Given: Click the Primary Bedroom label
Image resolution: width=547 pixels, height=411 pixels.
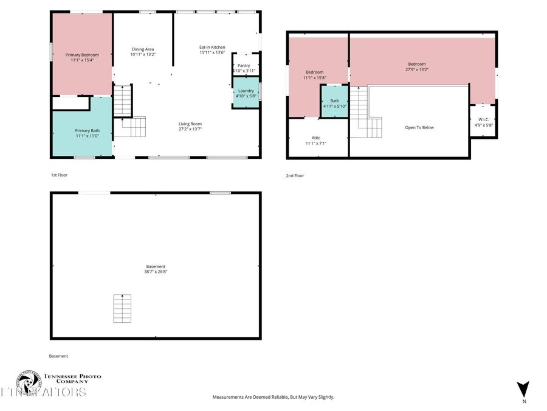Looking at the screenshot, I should [81, 55].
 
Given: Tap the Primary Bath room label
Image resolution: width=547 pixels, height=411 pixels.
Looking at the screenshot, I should [88, 130].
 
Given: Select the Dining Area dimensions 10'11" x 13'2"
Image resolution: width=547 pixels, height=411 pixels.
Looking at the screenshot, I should [143, 55].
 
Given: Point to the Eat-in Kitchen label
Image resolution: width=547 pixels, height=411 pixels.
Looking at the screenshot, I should [212, 47].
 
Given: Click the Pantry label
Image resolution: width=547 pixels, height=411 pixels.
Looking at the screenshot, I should [244, 65].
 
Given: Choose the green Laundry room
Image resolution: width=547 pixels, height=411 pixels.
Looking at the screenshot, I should [246, 93].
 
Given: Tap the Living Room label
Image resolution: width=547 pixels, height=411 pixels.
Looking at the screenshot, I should [190, 124].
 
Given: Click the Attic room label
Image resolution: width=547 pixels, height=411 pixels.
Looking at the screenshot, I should [316, 138].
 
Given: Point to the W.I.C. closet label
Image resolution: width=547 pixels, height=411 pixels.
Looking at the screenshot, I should [484, 119].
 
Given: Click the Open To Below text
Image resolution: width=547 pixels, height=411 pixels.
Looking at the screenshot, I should [419, 127].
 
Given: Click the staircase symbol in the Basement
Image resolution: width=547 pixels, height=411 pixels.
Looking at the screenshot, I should [122, 309].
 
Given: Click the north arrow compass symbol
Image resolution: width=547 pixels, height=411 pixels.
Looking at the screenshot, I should [523, 389].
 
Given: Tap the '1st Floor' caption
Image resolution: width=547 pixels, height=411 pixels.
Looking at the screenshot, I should [60, 175].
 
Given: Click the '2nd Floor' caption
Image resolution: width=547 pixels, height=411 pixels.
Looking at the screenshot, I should [295, 175].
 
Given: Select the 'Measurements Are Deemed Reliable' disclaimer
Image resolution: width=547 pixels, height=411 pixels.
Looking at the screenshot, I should [273, 397].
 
